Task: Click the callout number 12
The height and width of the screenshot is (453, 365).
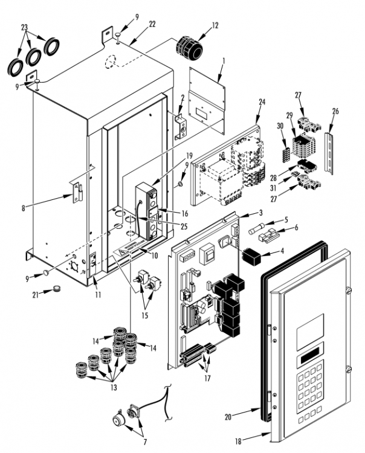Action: coord(215,27)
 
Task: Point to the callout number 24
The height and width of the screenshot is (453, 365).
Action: coord(262,102)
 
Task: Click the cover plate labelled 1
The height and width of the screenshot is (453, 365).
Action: coord(207,94)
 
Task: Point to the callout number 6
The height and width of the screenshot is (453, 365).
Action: coord(296,228)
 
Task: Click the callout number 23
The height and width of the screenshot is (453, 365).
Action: coord(24,27)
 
